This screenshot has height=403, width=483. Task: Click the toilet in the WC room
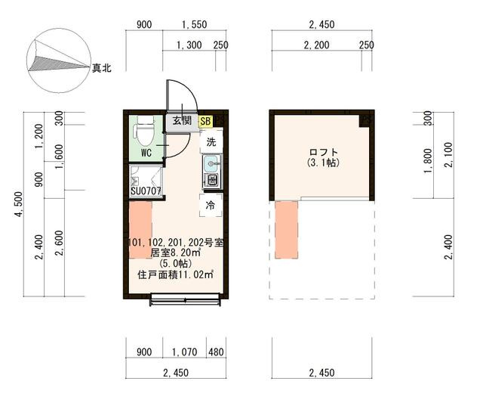(x=144, y=132)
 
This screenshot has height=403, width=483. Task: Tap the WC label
(x=146, y=153)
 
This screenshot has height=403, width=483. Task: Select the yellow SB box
(x=206, y=121)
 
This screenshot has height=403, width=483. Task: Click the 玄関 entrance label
(x=182, y=120)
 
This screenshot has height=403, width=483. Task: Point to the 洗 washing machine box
(x=211, y=142)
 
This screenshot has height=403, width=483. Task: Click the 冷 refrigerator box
(x=211, y=205)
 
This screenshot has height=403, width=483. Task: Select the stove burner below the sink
(x=212, y=180)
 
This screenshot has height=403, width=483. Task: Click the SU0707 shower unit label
(x=146, y=191)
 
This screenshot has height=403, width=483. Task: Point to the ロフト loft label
(x=324, y=153)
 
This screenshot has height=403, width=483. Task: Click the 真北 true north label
(x=102, y=68)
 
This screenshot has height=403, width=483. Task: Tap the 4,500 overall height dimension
(x=19, y=204)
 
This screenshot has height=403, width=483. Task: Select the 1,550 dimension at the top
(x=194, y=24)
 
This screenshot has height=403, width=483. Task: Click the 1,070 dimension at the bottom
(x=184, y=352)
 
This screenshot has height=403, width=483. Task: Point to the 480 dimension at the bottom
(x=216, y=352)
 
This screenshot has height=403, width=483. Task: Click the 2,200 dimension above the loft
(x=316, y=45)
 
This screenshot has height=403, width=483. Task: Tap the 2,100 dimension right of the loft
(x=449, y=155)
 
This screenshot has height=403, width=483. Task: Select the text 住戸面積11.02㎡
(x=176, y=274)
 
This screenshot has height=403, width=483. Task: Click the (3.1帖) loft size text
(x=324, y=163)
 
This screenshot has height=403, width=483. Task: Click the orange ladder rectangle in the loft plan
(x=286, y=230)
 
